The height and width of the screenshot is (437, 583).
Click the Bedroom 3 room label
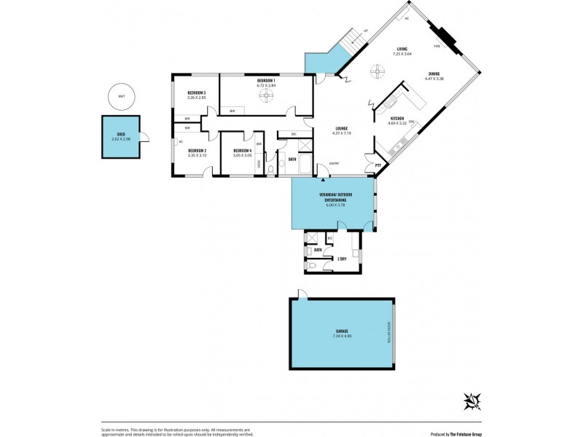click(197, 92)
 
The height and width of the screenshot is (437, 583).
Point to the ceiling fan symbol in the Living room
click(376, 71)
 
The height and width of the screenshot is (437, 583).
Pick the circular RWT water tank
click(121, 95)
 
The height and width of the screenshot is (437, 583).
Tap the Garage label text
click(342, 331)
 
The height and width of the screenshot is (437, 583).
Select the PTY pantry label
click(378, 165)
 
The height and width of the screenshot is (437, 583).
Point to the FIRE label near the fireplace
click(437, 46)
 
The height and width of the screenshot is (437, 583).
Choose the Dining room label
click(434, 74)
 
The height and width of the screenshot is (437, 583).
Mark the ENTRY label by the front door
click(334, 163)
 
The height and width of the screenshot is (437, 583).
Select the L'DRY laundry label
click(342, 259)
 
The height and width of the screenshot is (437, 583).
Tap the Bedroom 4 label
click(243, 150)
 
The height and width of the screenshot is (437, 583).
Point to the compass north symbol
click(472, 399)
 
